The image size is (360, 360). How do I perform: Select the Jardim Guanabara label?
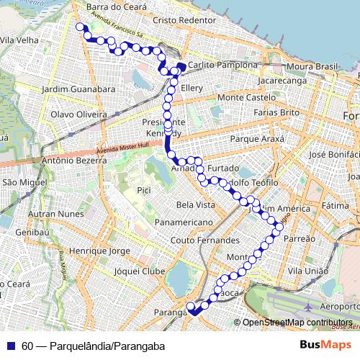tap(79, 89)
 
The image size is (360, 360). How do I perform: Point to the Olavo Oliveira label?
tap(78, 114)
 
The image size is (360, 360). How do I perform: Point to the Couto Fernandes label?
tap(204, 240)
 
